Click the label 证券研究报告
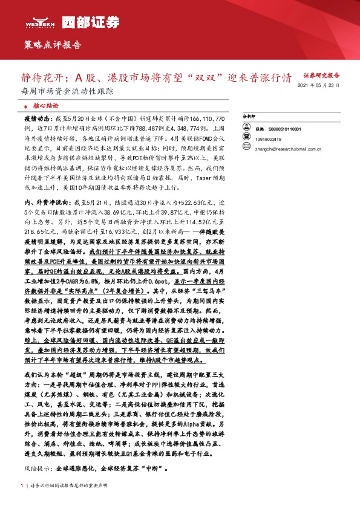321,76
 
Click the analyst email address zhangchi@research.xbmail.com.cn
283,148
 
